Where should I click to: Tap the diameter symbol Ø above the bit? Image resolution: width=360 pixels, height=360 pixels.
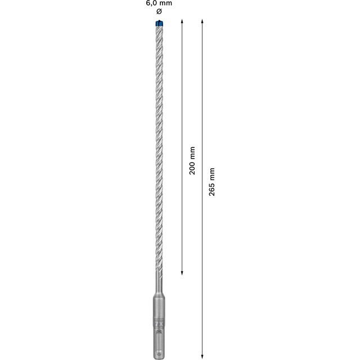pyautogui.click(x=157, y=11)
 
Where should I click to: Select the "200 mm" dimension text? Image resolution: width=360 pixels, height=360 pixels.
pyautogui.click(x=192, y=160)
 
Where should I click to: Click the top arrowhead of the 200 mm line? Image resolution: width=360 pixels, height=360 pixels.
pyautogui.click(x=182, y=21)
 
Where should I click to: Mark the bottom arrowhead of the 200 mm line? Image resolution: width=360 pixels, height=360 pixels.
pyautogui.click(x=182, y=272)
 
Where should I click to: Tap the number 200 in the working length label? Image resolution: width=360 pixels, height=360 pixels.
pyautogui.click(x=192, y=168)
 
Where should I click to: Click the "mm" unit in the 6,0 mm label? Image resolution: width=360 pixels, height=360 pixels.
pyautogui.click(x=166, y=3)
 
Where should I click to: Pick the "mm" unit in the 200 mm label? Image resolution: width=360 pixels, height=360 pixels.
pyautogui.click(x=192, y=152)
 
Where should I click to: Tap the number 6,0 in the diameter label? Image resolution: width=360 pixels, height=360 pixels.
pyautogui.click(x=151, y=3)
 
